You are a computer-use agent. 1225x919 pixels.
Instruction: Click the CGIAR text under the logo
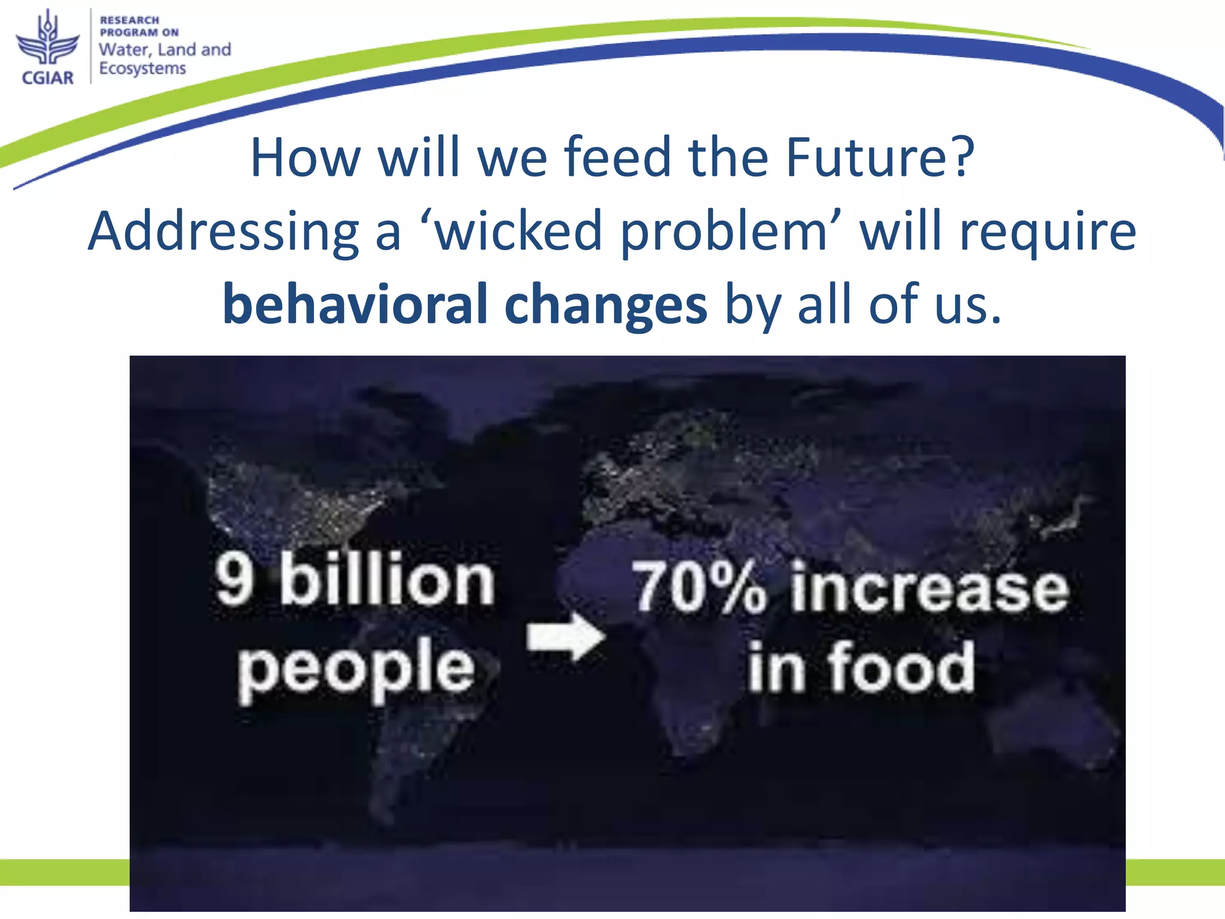[x=47, y=78]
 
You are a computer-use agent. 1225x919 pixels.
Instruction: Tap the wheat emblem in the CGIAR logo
[x=47, y=39]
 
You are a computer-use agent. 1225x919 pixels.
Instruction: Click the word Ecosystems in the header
[x=142, y=69]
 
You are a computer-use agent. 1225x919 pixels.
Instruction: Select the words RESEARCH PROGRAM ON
[x=139, y=26]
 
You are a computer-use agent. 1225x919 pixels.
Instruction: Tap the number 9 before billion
[x=234, y=579]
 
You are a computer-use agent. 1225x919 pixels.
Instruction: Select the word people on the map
[x=356, y=669]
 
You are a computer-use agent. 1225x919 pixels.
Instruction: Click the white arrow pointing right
[x=565, y=637]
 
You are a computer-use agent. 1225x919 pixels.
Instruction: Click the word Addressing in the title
[x=223, y=232]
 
